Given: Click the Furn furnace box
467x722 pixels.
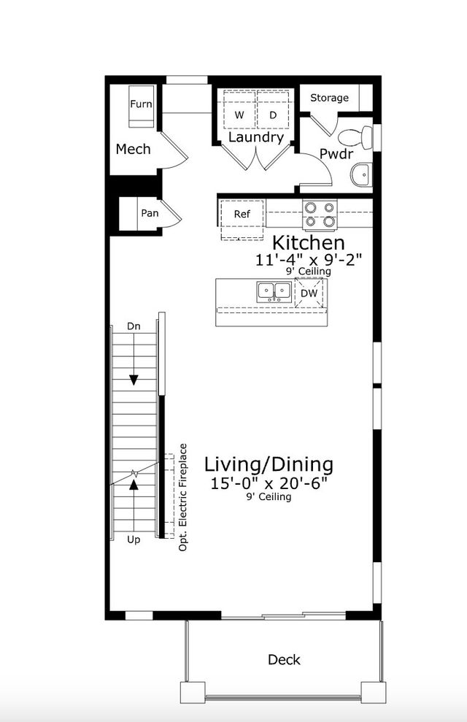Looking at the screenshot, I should click(141, 105).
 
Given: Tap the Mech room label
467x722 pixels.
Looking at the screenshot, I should click(134, 149).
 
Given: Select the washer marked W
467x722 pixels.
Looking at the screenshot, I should click(239, 115).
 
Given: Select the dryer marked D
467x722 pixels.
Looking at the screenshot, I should click(273, 115).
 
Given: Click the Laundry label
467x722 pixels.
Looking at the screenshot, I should click(256, 137).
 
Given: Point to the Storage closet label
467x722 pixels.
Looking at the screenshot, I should click(329, 98).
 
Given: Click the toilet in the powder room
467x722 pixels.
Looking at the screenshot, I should click(358, 137).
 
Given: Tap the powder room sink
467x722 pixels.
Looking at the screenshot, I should click(360, 175).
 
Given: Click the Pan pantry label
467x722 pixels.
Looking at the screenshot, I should click(150, 213).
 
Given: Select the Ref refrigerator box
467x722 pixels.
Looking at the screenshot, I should click(242, 215).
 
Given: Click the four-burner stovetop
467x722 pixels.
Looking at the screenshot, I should click(320, 214).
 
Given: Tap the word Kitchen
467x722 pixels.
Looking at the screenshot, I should click(308, 243).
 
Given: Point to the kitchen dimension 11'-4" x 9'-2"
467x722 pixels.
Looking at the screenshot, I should click(309, 259).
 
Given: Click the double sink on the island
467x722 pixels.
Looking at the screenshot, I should click(274, 292).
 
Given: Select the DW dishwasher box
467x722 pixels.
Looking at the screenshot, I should click(309, 293).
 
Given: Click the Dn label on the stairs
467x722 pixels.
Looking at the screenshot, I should click(134, 326).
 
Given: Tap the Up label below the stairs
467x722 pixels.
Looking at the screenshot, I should click(134, 539).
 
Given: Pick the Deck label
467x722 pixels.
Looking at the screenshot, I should click(284, 659).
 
